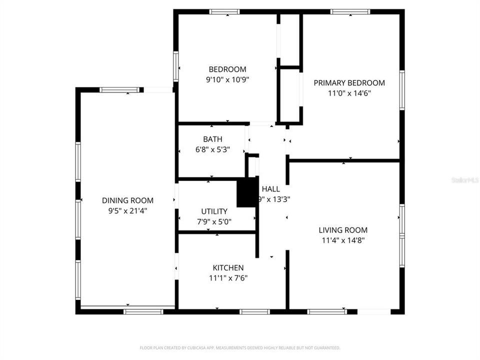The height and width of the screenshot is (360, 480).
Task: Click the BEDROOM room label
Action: click(x=227, y=69)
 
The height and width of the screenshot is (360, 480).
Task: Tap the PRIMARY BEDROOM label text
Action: click(x=349, y=83)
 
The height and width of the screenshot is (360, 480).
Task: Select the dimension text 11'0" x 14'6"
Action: click(x=349, y=93)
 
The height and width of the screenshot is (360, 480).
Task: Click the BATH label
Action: click(x=212, y=139)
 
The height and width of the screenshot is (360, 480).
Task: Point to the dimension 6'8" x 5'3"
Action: click(x=212, y=149)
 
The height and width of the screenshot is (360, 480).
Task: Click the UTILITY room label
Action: click(x=214, y=211)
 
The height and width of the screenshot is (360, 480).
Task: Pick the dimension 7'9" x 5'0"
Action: click(x=214, y=221)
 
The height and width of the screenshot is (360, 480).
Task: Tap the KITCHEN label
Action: click(x=228, y=268)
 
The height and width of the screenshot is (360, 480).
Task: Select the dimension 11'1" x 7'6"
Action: click(x=228, y=278)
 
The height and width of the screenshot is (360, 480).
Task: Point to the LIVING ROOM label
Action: click(x=343, y=230)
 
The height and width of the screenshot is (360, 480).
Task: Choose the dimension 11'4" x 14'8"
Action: click(x=343, y=240)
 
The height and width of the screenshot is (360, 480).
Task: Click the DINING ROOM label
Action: click(x=127, y=200)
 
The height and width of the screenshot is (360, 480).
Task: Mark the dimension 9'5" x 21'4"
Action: click(x=127, y=210)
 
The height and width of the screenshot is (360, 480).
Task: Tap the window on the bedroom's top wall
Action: click(x=224, y=11)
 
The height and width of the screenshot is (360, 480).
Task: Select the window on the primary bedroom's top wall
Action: click(x=350, y=11)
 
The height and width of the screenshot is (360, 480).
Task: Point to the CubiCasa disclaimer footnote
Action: click(x=239, y=347)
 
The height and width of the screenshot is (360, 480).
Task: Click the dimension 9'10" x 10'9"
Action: click(x=227, y=79)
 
